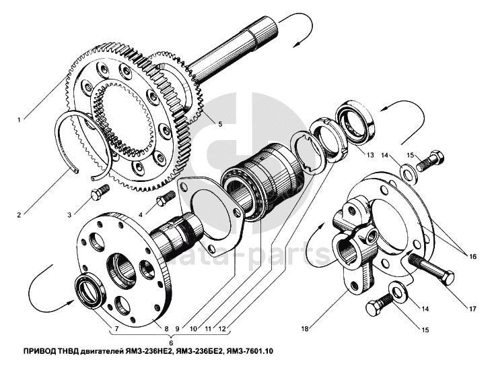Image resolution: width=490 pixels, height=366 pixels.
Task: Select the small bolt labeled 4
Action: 163,200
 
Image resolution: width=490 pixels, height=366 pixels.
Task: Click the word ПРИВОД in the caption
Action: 42,352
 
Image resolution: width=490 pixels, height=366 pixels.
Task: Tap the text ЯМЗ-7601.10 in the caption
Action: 252,352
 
